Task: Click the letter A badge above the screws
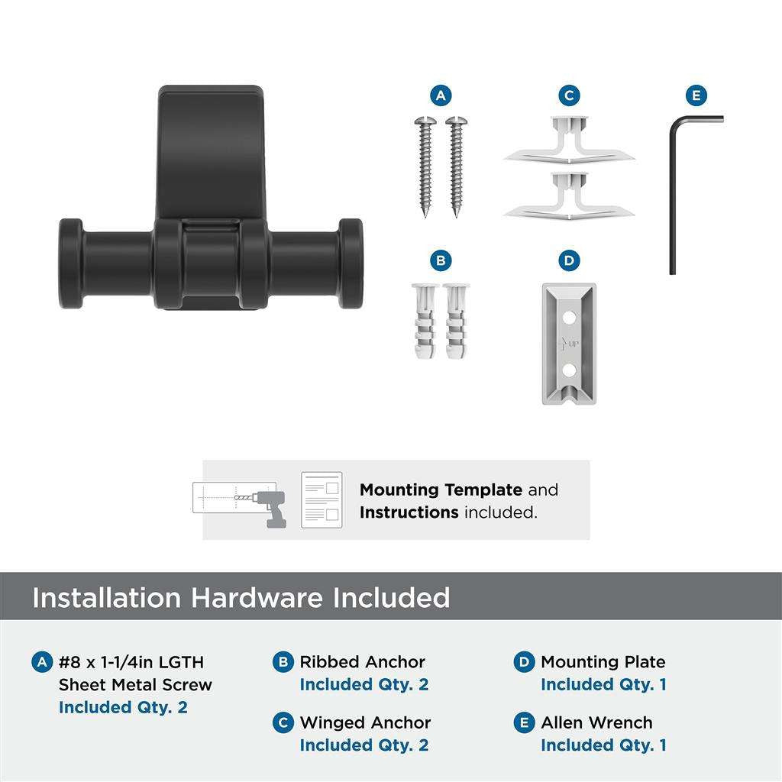tap(440, 95)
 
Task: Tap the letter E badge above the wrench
tap(695, 95)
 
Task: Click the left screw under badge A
tap(425, 165)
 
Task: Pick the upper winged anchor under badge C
tap(569, 141)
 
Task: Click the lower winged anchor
tap(569, 196)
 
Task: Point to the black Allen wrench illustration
tap(674, 191)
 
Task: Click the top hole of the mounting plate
tap(567, 314)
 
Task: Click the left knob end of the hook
tap(72, 263)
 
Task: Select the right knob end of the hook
tap(351, 263)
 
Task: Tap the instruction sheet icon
tap(321, 499)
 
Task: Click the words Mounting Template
tap(441, 490)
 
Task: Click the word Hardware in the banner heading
tap(256, 597)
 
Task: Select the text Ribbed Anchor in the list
tap(362, 662)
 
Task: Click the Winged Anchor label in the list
tap(365, 722)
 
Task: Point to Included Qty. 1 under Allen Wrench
tap(603, 745)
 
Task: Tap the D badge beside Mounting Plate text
tap(524, 662)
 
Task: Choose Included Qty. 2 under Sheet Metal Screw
tap(122, 707)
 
